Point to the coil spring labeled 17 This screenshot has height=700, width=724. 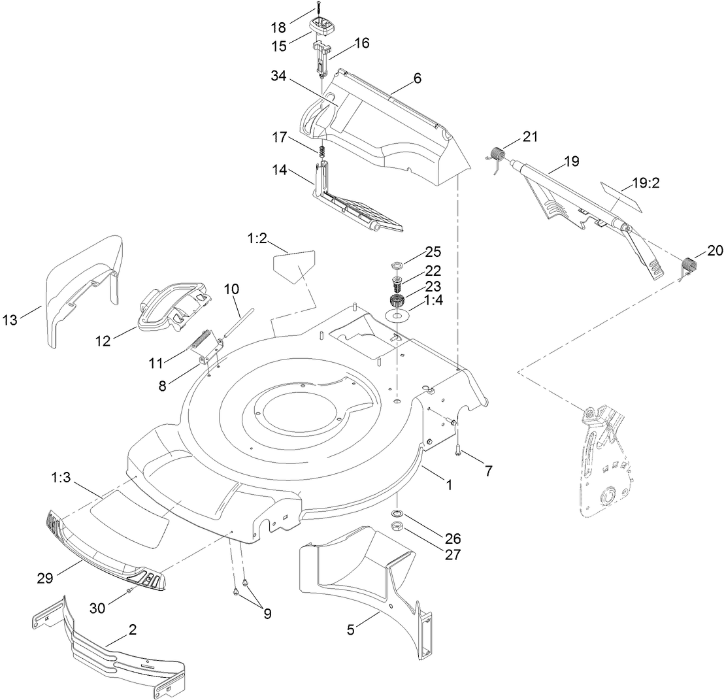click(321, 152)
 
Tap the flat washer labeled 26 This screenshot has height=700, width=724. click(397, 511)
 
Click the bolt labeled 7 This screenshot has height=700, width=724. click(457, 450)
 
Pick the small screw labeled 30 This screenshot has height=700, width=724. click(130, 590)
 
